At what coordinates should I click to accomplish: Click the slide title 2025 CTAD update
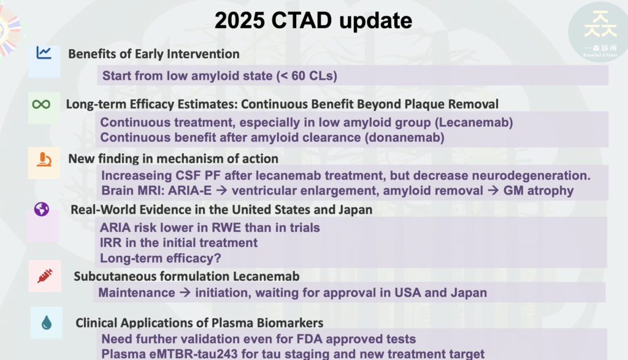(x=313, y=20)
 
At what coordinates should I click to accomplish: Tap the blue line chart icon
(x=44, y=53)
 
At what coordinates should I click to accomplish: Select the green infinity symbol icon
(x=41, y=104)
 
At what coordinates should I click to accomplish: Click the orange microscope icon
(x=44, y=159)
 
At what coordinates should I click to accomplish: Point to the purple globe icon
(x=42, y=209)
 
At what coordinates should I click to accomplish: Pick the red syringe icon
(x=45, y=276)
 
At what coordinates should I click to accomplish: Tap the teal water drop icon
(x=47, y=323)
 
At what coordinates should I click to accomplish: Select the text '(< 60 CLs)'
(x=307, y=75)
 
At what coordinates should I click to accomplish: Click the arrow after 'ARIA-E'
(x=221, y=191)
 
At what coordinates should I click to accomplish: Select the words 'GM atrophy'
(x=538, y=191)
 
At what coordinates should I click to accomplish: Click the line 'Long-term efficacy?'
(x=160, y=258)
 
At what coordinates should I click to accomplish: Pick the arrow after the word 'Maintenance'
(x=185, y=293)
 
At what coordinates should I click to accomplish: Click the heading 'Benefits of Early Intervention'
(x=154, y=54)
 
